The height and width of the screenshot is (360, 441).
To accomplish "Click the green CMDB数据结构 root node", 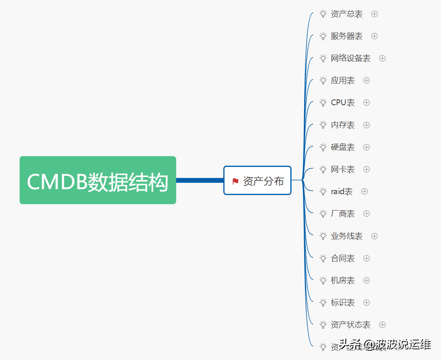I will coord(98,180).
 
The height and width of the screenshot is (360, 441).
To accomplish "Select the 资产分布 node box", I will coord(257,180).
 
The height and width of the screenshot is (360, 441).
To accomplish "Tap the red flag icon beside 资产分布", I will coord(235,181).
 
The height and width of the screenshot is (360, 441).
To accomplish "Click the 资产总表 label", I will coord(347,14).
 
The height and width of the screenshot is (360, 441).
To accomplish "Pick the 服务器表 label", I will coord(347,36).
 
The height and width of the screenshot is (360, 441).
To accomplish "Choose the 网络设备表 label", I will coord(350,58).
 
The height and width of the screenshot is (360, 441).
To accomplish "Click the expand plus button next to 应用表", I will coord(366,80).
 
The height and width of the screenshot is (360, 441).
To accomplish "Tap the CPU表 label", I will coord(343,102).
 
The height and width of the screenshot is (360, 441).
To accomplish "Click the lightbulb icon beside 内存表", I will coord(323,124).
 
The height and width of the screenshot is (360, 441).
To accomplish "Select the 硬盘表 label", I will coord(343,147).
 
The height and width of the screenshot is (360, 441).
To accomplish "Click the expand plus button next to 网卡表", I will coord(366,169).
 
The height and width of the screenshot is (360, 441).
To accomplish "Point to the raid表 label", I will coord(342,191).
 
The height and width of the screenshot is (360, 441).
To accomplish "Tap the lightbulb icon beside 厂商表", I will coord(323,213).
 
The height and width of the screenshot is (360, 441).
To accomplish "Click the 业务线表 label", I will coord(347,236).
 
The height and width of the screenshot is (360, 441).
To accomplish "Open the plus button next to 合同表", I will coord(366,258).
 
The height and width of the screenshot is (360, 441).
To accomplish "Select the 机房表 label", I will coord(343,280).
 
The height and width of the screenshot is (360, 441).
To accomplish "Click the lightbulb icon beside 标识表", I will coord(323,302).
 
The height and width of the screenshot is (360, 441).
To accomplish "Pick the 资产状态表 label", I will coord(350,325).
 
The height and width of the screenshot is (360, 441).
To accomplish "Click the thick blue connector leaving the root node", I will coord(199,180).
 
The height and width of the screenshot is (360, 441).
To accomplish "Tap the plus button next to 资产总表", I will coord(374,14).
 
